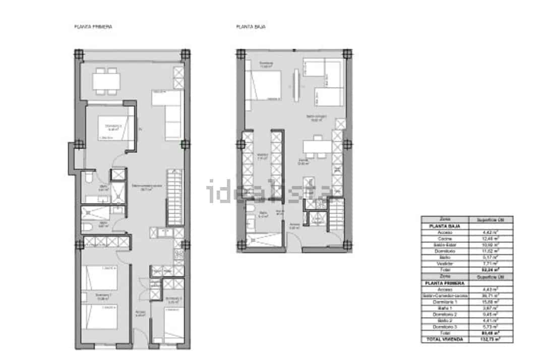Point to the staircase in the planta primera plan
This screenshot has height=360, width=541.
tap(174, 197)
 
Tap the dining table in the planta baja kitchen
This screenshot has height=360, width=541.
tap(317, 146)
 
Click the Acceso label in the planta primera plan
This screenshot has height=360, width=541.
tap(141, 315)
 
